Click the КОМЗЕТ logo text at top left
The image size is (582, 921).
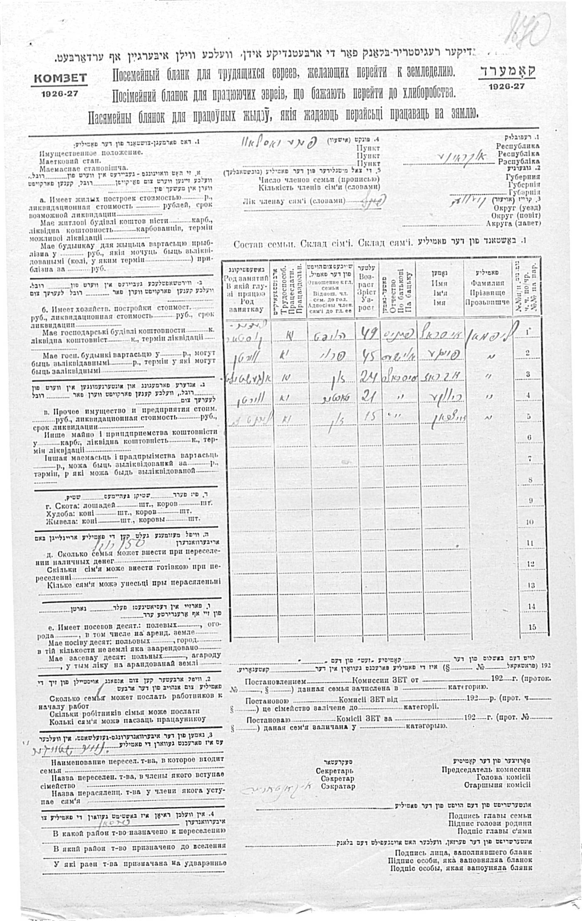pos(60,78)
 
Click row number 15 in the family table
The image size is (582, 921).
pos(532,627)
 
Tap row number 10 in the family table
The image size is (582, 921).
pos(529,522)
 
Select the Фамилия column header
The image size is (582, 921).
pos(487,283)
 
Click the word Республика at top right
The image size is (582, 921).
pos(517,146)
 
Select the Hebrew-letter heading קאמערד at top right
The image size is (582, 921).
pos(507,71)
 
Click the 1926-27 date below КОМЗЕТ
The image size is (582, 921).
pos(59,94)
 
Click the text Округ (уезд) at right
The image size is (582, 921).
pos(517,208)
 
